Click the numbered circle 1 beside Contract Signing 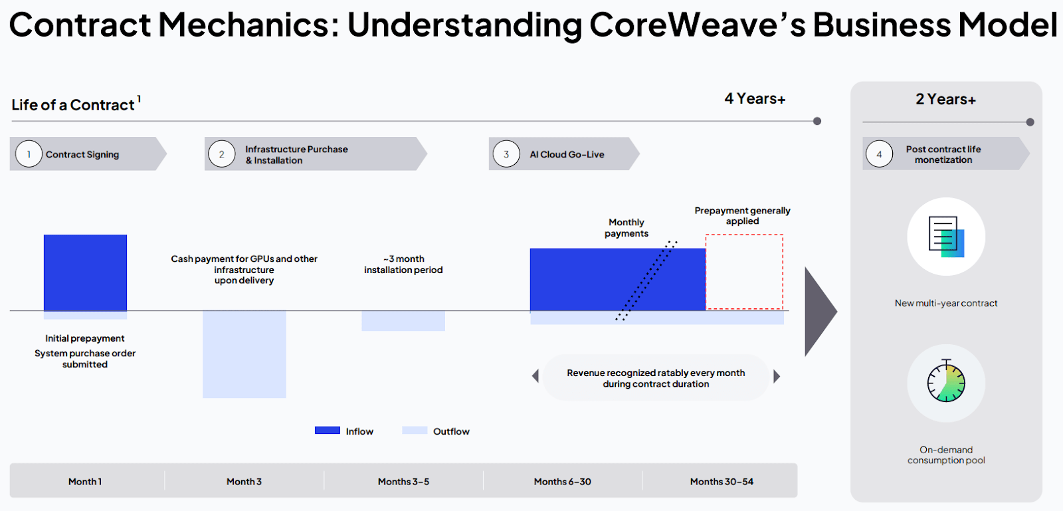(x=29, y=154)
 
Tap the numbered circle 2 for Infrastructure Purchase (x=221, y=154)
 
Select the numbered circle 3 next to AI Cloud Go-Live (x=506, y=154)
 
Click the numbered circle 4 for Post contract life (x=879, y=154)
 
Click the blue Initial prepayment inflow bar (x=85, y=272)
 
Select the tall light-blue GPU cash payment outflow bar (x=244, y=354)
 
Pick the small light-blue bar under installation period (x=403, y=321)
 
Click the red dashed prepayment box (x=744, y=272)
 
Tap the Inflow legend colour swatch (x=327, y=431)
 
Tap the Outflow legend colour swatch (x=415, y=431)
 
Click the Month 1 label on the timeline (x=85, y=482)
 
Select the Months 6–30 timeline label (x=562, y=482)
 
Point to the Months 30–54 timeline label (x=722, y=482)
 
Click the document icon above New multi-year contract (x=946, y=237)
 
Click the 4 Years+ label (x=755, y=99)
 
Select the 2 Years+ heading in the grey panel (x=945, y=100)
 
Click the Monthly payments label (x=626, y=228)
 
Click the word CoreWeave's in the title (x=697, y=25)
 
